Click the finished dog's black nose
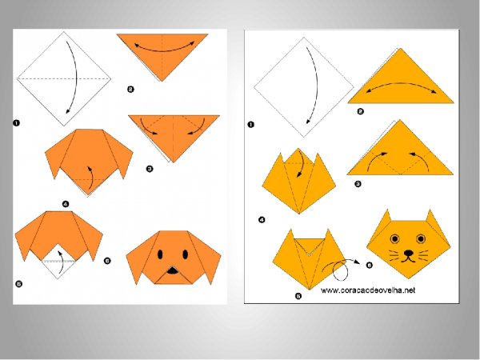172,270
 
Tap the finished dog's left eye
160,254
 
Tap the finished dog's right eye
186,254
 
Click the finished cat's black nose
408,253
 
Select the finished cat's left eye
395,238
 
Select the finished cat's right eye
421,238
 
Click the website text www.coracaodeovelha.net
368,290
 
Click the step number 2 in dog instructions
130,90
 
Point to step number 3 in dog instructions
150,169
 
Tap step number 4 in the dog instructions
66,204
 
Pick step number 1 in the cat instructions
250,125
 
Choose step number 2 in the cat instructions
360,111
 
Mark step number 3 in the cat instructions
358,184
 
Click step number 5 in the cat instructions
298,296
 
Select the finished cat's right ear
432,219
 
